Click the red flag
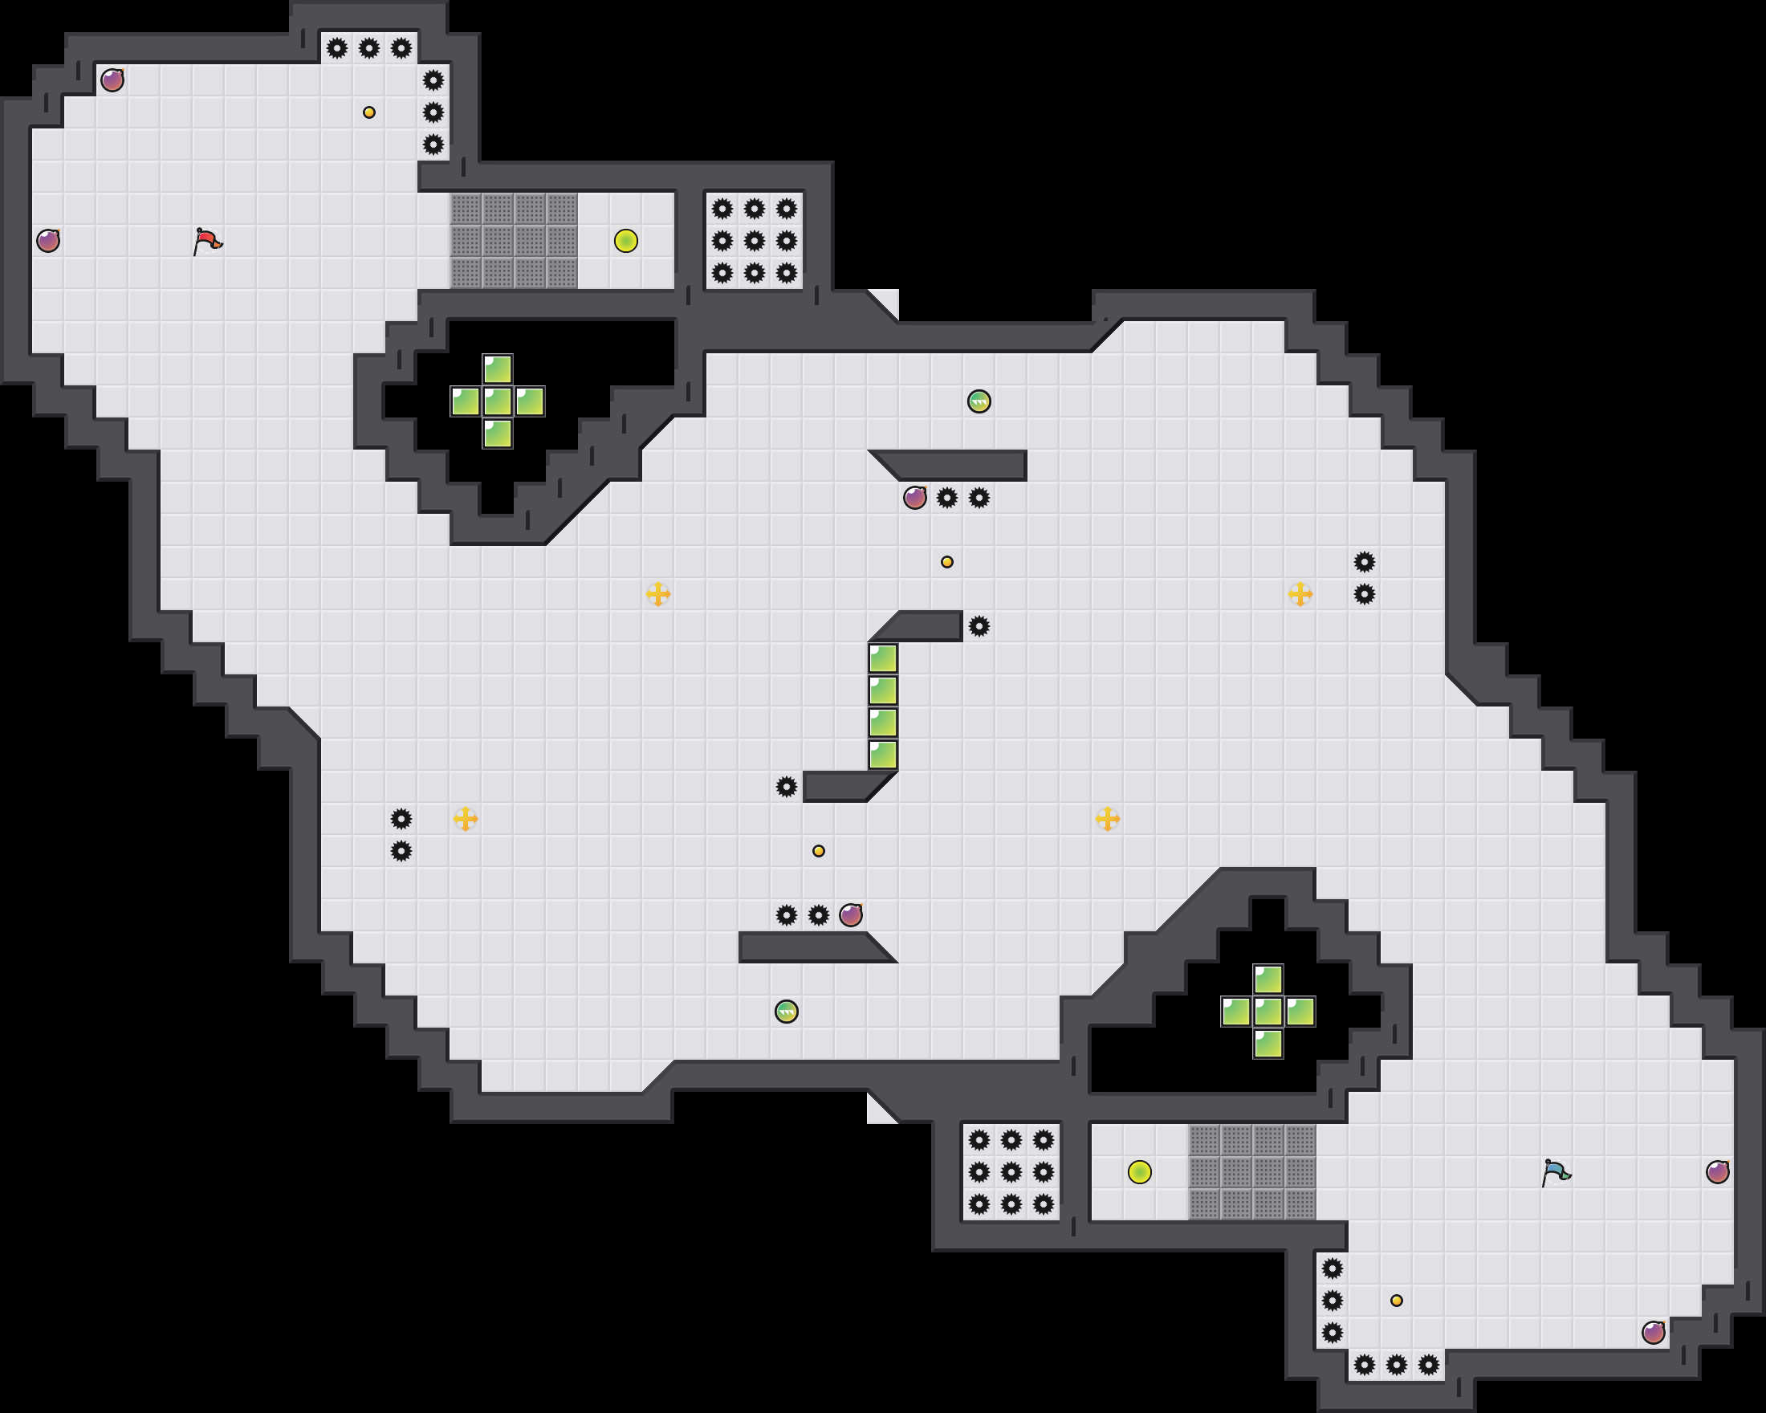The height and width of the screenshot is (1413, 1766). pyautogui.click(x=207, y=241)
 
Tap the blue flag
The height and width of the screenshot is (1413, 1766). pyautogui.click(x=1556, y=1172)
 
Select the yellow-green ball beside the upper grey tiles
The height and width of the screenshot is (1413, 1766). pyautogui.click(x=626, y=241)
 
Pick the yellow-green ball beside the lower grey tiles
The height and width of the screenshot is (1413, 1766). pyautogui.click(x=1139, y=1172)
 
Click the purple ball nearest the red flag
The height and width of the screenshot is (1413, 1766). pyautogui.click(x=48, y=241)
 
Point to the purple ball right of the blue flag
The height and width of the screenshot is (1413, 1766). pyautogui.click(x=1718, y=1172)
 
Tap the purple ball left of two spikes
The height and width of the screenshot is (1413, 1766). pyautogui.click(x=915, y=497)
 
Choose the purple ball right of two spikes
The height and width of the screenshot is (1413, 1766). pyautogui.click(x=851, y=915)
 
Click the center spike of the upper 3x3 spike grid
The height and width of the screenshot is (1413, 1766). pyautogui.click(x=755, y=241)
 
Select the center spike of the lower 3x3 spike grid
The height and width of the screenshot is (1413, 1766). pyautogui.click(x=1011, y=1172)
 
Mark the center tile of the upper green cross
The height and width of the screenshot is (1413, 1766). pyautogui.click(x=497, y=401)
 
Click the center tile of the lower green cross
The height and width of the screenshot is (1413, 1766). pyautogui.click(x=1268, y=1012)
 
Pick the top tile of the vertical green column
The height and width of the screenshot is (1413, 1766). pyautogui.click(x=883, y=658)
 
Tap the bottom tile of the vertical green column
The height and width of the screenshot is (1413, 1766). pyautogui.click(x=883, y=755)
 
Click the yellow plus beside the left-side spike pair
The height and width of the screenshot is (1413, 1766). pyautogui.click(x=466, y=818)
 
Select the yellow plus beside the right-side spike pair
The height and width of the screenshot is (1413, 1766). pyautogui.click(x=1300, y=594)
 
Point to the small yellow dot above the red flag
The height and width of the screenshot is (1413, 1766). pyautogui.click(x=369, y=112)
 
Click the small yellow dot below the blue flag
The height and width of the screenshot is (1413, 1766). pyautogui.click(x=1397, y=1300)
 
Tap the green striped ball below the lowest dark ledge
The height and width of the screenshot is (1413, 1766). pyautogui.click(x=787, y=1012)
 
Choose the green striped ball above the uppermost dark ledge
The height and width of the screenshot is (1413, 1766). pyautogui.click(x=979, y=401)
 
